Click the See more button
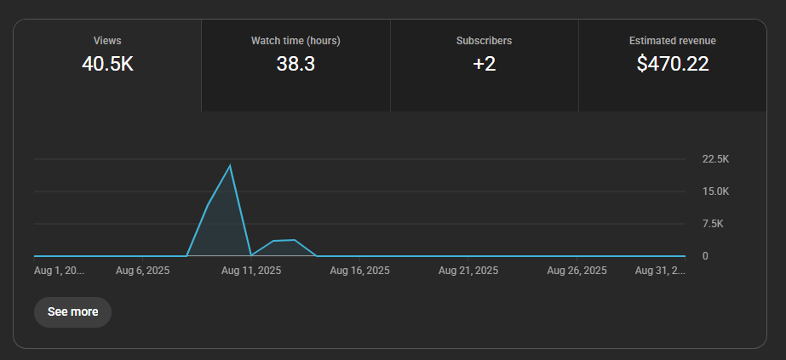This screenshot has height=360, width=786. coord(72,311)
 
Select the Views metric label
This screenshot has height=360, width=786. coord(107,40)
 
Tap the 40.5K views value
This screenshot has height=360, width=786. coord(107,63)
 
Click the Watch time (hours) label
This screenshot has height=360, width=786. coord(295,40)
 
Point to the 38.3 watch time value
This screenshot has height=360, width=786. coord(295,63)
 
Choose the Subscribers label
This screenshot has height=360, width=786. coord(484,40)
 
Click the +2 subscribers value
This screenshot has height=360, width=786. coord(484,63)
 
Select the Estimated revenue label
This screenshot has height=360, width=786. coord(672,40)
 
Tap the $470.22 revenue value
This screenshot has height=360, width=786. coord(672,63)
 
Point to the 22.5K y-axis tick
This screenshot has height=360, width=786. coord(715,159)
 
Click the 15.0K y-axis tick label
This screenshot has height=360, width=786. coord(715,191)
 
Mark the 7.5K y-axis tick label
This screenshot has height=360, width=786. coord(713,224)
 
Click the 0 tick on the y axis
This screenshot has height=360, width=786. coord(705,255)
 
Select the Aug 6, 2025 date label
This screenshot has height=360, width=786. coord(143,271)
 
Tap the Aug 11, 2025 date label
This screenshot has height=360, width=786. coord(251,271)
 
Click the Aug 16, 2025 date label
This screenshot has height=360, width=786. coord(359,271)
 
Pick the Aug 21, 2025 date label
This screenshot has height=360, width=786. coord(468,271)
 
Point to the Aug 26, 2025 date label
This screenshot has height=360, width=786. coord(577,271)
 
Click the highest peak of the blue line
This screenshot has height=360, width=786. coord(230,165)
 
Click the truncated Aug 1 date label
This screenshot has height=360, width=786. coord(59,271)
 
